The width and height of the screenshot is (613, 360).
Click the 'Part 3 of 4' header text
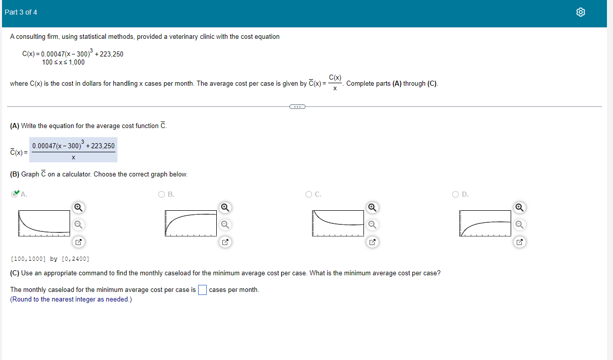(21, 12)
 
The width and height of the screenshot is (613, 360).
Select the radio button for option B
(161, 194)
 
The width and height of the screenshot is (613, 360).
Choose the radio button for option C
(309, 194)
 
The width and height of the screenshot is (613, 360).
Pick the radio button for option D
(456, 194)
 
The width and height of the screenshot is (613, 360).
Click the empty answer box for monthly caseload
(202, 290)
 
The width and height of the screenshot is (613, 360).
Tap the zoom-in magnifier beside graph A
(78, 207)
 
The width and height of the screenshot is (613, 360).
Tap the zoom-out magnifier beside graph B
(225, 224)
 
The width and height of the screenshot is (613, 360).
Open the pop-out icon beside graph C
(372, 243)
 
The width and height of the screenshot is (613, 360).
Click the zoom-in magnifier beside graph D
(519, 207)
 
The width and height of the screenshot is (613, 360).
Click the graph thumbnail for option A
(44, 223)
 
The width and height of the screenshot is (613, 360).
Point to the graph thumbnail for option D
(485, 223)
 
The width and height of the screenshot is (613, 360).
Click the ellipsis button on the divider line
(297, 106)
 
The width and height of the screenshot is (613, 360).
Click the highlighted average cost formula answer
(73, 150)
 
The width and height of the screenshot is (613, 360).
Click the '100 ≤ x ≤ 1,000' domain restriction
(64, 63)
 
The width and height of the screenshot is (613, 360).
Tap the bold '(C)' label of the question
(15, 273)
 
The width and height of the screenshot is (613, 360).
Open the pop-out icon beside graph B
(225, 243)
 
